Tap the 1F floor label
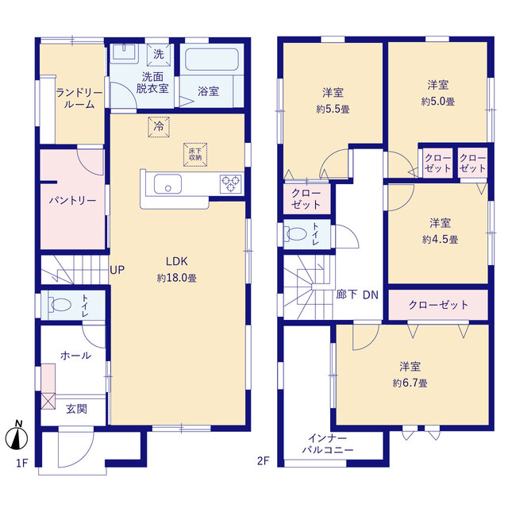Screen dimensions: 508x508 (22, 464)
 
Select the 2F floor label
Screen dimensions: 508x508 (263, 460)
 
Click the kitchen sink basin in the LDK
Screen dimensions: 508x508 (167, 184)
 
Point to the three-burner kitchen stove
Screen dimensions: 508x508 (231, 184)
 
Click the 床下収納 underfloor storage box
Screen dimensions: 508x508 (195, 155)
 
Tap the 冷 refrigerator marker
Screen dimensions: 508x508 (159, 127)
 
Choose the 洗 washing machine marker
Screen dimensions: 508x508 (159, 55)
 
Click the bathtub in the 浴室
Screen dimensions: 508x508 (212, 60)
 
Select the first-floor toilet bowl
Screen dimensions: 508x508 (60, 305)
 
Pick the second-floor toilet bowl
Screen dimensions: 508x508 (295, 234)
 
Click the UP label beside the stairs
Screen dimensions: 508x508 (117, 270)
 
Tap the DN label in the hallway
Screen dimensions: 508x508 (371, 294)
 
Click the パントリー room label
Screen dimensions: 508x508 (72, 201)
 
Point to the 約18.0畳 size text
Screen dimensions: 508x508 (176, 278)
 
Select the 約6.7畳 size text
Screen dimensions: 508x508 (410, 383)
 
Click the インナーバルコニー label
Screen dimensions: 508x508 (328, 444)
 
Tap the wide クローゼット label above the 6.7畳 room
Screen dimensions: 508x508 (438, 305)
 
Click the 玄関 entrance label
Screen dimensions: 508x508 (76, 409)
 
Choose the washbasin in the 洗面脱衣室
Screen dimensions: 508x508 (124, 52)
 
